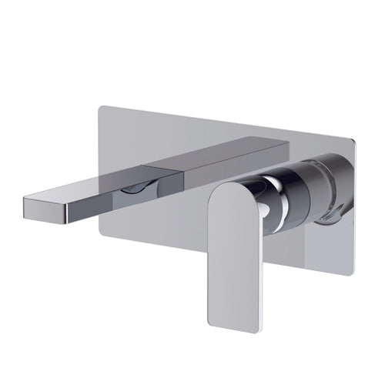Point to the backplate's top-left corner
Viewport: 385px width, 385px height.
coord(102,108)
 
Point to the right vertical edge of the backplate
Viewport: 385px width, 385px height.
coord(350,208)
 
